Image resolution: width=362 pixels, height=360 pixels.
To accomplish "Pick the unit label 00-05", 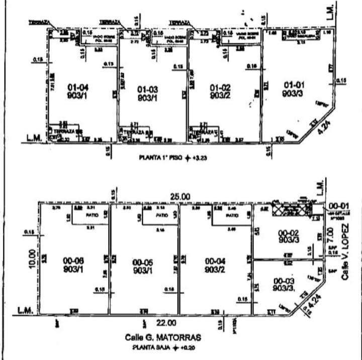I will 143,262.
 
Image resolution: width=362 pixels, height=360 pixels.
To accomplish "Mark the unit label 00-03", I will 283,280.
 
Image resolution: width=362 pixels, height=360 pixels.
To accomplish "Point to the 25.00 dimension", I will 180,196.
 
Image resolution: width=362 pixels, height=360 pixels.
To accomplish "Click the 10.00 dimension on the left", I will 32,260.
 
